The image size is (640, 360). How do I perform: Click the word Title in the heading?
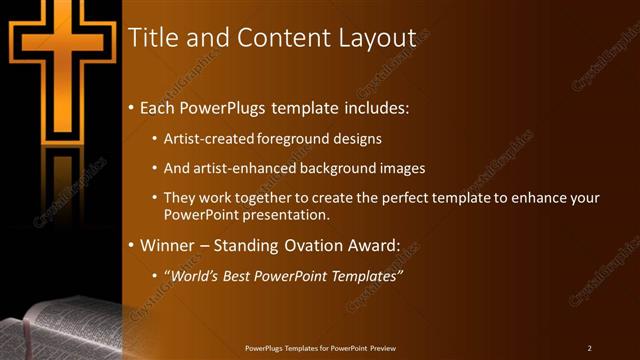click(152, 38)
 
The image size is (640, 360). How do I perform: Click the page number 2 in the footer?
click(589, 348)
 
